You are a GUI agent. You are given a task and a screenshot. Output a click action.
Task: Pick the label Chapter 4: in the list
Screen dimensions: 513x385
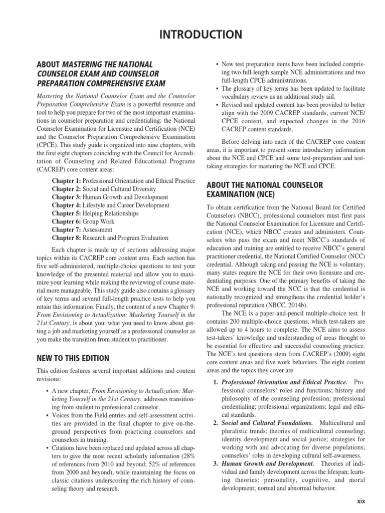pyautogui.click(x=66, y=204)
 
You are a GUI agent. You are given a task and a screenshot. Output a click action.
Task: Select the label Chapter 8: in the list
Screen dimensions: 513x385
pyautogui.click(x=66, y=237)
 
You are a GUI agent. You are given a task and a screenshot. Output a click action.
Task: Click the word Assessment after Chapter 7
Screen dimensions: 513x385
pyautogui.click(x=99, y=229)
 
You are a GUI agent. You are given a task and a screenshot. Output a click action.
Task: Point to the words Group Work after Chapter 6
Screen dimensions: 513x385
pyautogui.click(x=98, y=221)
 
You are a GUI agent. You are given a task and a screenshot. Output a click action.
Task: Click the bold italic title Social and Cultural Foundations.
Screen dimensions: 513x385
pyautogui.click(x=263, y=423)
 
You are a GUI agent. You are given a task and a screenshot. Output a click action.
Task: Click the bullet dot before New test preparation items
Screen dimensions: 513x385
pyautogui.click(x=216, y=65)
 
